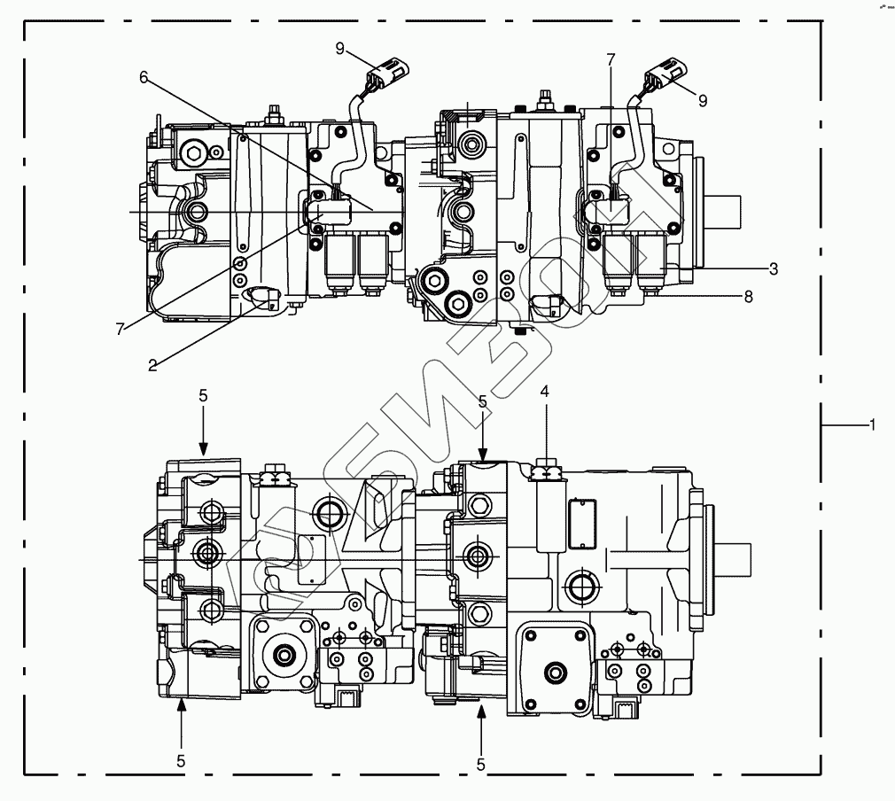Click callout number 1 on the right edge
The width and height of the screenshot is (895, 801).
coord(873,425)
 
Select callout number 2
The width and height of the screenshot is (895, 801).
coord(153,364)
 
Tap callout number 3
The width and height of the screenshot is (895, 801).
coord(774,268)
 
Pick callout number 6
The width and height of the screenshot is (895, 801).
coord(144,76)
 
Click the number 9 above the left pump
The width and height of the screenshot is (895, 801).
coord(340,49)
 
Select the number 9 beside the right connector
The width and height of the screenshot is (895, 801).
coord(703,101)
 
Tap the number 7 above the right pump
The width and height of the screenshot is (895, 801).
coord(611,59)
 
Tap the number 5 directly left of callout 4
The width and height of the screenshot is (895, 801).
coord(482,401)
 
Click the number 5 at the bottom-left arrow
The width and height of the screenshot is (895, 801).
coord(181,760)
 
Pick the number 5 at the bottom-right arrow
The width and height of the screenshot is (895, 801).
coord(481,764)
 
